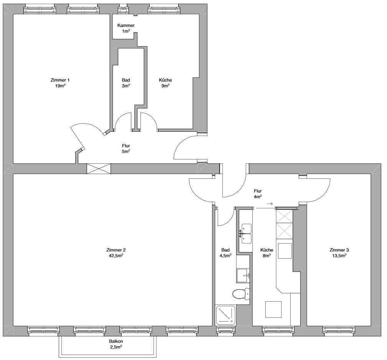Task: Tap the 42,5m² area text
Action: (116, 256)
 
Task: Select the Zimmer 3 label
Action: (339, 250)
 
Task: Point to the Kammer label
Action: (126, 25)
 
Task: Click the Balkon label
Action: (116, 341)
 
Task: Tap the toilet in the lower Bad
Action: (241, 294)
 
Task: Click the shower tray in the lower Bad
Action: (226, 315)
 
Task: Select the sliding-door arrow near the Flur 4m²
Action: (270, 204)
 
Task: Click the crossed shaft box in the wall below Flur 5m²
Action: (99, 169)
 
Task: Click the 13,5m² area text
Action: (339, 256)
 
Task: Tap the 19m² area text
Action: (60, 86)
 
